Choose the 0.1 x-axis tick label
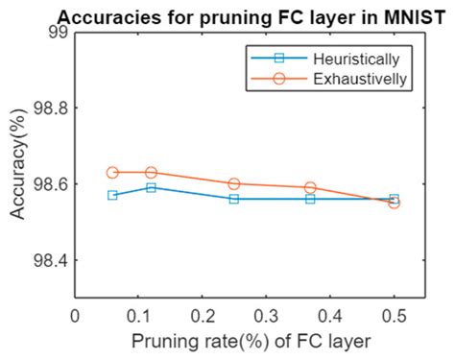[138, 313]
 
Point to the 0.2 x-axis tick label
[203, 313]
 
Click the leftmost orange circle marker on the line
[112, 173]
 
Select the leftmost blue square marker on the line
[112, 195]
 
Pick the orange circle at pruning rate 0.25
[234, 183]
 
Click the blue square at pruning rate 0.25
[234, 199]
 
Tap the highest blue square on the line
[152, 187]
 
